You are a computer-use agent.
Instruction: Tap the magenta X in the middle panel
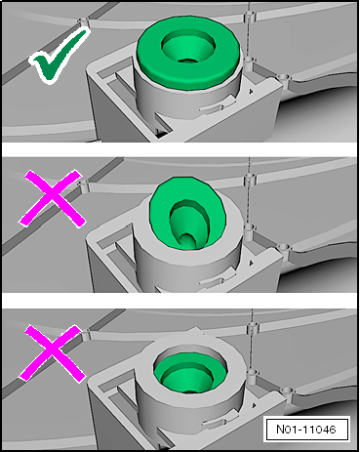coord(52,198)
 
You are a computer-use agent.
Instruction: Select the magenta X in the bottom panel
coord(52,353)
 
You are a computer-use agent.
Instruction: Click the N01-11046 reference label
coord(306,429)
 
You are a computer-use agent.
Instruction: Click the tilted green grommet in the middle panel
coord(188,214)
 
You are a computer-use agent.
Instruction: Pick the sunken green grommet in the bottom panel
coord(190,373)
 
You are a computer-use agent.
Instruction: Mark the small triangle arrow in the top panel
coord(251,92)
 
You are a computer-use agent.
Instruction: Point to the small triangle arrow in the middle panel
coord(251,263)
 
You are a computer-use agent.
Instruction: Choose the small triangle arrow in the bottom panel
coord(254,405)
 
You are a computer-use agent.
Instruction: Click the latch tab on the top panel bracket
coord(218,105)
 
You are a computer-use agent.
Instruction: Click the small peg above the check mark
coord(83,21)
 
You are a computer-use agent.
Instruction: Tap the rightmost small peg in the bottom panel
coord(286,392)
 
